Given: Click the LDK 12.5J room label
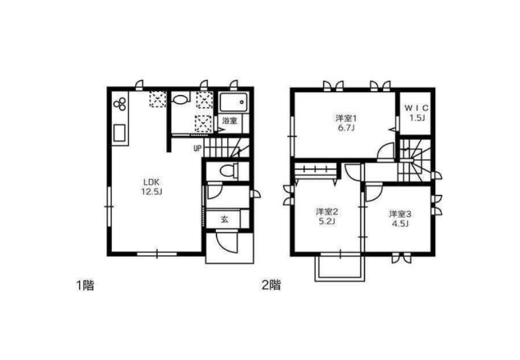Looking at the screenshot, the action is point(151,186).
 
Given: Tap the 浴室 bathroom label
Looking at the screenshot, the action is point(230,120).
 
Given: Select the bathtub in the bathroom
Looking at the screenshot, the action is point(233,102).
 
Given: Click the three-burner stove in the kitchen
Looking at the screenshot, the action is point(120,103).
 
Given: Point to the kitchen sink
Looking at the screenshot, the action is point(120,133).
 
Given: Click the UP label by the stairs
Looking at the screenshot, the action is point(198,149).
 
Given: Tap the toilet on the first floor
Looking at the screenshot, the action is point(229,171).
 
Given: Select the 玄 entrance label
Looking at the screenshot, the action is point(225,219).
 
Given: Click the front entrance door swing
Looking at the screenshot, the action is point(226,242).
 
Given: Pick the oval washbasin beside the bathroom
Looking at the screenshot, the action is point(180,99).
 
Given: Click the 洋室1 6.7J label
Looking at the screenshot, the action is point(346,122).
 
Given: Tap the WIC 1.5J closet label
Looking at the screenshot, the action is point(417,113).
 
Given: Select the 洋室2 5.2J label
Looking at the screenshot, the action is point(326,216).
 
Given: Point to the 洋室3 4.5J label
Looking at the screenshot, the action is point(400,218).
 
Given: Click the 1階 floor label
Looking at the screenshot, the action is point(86,285).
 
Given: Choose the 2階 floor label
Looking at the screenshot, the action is point(271,285).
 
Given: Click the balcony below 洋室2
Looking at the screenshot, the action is point(340,268).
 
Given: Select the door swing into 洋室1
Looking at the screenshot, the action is point(386,152).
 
